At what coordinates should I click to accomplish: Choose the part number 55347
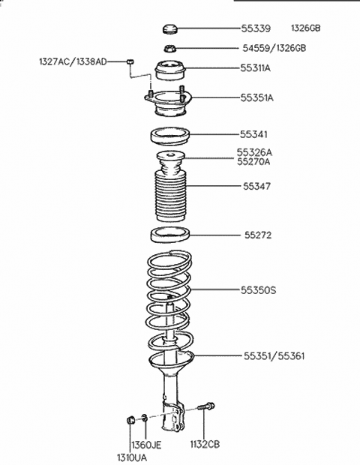point(256,185)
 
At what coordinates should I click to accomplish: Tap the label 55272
point(257,235)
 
